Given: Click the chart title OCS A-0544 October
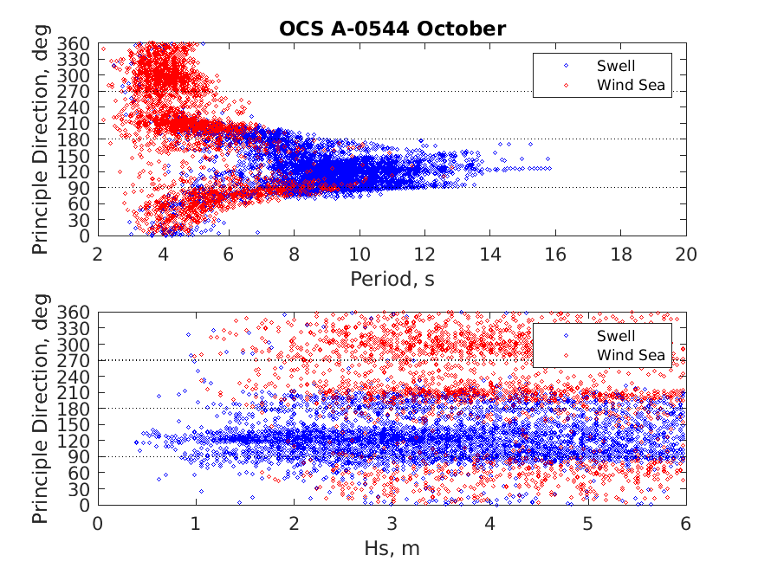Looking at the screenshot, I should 392,29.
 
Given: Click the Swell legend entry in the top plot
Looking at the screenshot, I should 615,65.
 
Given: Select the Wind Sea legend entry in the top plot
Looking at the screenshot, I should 632,85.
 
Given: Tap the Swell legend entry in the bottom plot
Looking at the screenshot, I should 615,335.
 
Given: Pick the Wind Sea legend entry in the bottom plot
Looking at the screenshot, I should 632,355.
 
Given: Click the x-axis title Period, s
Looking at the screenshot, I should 392,278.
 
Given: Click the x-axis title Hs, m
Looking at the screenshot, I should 392,548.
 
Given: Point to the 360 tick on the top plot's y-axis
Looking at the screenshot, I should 79,43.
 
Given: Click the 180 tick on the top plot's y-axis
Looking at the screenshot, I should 79,139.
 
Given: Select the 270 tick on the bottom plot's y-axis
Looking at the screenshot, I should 79,360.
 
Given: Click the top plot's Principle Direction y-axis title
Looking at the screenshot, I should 40,139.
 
